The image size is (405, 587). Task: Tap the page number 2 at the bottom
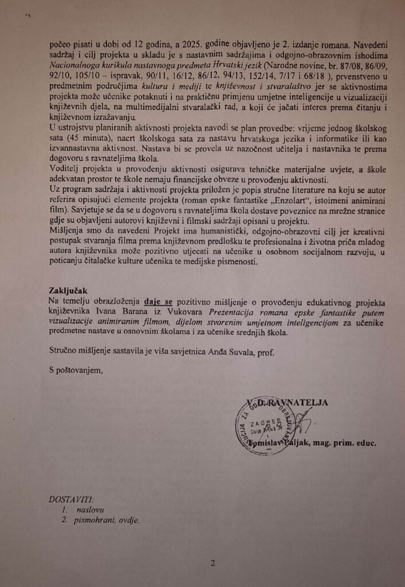pos(213,563)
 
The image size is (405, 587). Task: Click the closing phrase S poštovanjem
pos(76,371)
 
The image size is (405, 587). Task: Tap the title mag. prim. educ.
pos(347,444)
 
